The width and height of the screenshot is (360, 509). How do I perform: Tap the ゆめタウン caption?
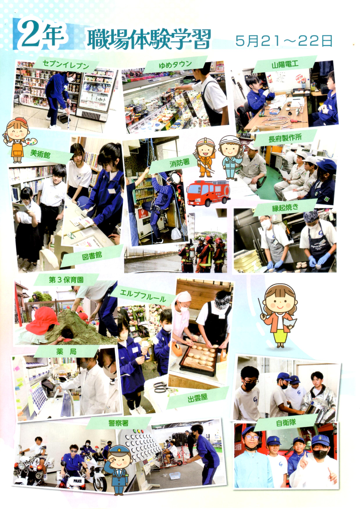[x=175, y=64]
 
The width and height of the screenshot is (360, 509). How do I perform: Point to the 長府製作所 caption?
[x=285, y=138]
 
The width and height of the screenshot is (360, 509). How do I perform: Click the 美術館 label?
[x=40, y=154]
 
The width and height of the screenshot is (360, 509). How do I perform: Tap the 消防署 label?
[x=179, y=163]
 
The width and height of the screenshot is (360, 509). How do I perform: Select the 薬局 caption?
[x=66, y=352]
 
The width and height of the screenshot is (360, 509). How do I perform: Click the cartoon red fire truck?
[x=208, y=193]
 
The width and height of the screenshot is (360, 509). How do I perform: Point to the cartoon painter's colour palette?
[x=31, y=142]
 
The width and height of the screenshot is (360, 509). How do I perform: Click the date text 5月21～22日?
[x=284, y=41]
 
